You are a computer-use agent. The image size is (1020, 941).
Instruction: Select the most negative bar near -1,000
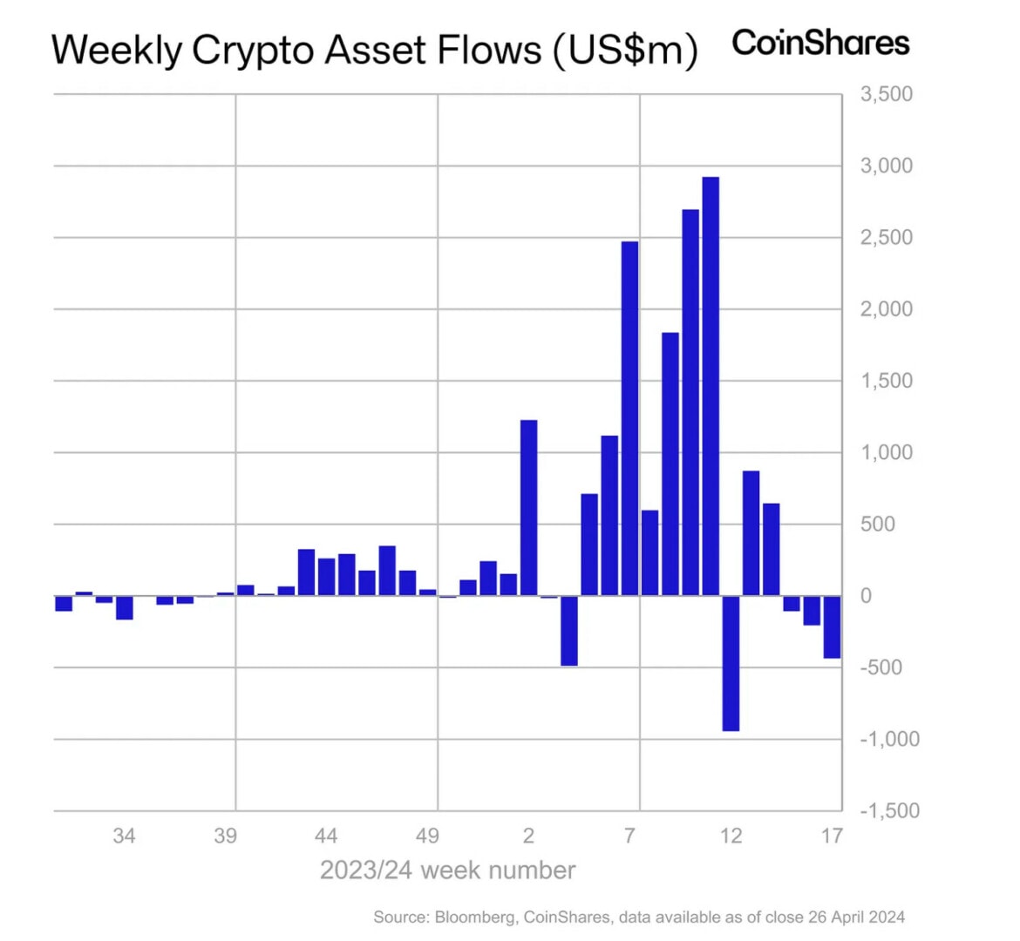[731, 663]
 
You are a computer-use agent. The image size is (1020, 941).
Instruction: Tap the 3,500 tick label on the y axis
[886, 94]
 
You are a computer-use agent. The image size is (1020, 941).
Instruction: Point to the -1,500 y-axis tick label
[889, 810]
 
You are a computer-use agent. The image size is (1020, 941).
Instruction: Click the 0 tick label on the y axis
[866, 596]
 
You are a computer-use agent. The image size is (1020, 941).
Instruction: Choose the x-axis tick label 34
[124, 836]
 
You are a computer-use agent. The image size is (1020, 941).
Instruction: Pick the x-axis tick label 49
[427, 836]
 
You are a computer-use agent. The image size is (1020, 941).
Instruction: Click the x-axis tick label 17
[832, 836]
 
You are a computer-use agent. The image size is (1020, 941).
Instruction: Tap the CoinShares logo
[820, 43]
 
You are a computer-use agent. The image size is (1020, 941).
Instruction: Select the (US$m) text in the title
[624, 51]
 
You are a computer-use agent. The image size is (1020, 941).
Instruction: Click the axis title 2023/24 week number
[447, 870]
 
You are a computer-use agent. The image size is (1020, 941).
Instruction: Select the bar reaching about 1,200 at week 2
[528, 508]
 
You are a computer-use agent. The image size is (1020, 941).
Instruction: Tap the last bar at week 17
[832, 626]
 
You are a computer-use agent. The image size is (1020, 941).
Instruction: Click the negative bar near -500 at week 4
[569, 631]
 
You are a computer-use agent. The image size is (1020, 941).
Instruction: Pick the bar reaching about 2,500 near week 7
[629, 418]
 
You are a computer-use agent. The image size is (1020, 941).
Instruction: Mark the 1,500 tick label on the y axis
[886, 381]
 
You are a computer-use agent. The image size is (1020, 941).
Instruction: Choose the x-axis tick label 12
[731, 836]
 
